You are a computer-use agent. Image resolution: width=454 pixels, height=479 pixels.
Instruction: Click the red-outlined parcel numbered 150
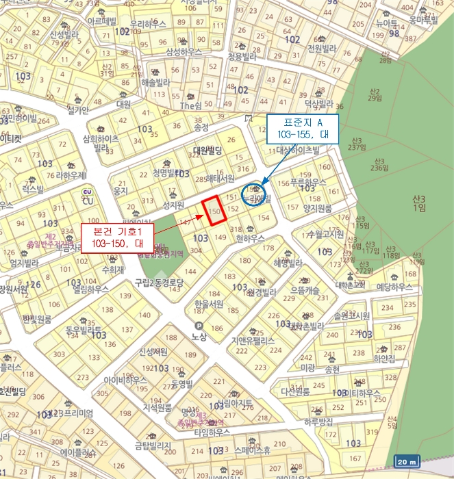(216, 211)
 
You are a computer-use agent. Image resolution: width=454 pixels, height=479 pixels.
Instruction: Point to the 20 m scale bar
(407, 461)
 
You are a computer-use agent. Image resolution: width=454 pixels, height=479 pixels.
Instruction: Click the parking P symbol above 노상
(199, 326)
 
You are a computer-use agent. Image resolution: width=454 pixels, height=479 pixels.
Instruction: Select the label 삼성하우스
(184, 52)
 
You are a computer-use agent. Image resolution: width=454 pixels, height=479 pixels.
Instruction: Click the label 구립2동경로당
(160, 282)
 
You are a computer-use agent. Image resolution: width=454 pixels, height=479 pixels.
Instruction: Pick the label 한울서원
(209, 304)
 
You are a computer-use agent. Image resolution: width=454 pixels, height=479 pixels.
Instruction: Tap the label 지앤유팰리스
(253, 340)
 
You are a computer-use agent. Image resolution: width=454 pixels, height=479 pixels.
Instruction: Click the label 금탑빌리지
(152, 445)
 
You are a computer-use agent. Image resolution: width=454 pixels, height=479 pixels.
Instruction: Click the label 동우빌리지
(83, 329)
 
